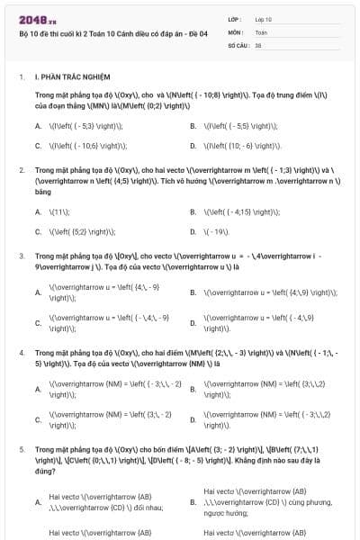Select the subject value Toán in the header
pyautogui.click(x=261, y=31)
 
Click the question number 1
pyautogui.click(x=21, y=77)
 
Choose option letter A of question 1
pyautogui.click(x=38, y=126)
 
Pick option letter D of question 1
pyautogui.click(x=193, y=144)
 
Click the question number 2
pyautogui.click(x=21, y=169)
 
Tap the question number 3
pyautogui.click(x=21, y=256)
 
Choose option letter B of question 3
pyautogui.click(x=193, y=292)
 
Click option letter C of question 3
pyautogui.click(x=38, y=322)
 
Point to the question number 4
pyautogui.click(x=21, y=353)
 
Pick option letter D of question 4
pyautogui.click(x=193, y=419)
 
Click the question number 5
pyautogui.click(x=21, y=447)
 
